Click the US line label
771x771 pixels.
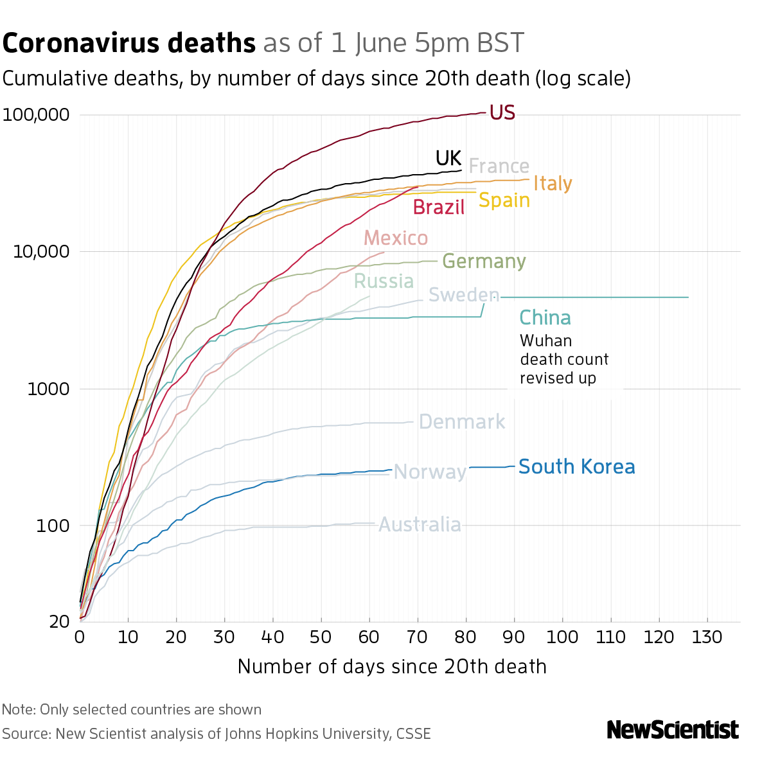coord(502,112)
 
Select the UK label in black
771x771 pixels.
coord(448,158)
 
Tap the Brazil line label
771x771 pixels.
coord(439,207)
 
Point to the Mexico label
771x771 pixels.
coord(396,238)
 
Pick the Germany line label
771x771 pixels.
coord(484,261)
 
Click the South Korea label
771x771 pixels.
coord(576,466)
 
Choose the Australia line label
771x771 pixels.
coord(420,525)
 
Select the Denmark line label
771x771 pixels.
coord(461,422)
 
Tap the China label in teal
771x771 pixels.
coord(545,318)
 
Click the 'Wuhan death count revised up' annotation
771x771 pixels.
coord(564,359)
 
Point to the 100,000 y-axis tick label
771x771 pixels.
coord(36,116)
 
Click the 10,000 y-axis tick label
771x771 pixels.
coord(41,252)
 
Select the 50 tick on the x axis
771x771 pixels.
coord(321,637)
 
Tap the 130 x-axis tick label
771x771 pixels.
coord(707,637)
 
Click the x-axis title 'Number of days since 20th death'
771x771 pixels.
coord(392,666)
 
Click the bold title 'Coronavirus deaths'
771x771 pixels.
coord(129,44)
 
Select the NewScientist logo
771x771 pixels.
coord(673,730)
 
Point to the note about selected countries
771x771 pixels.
coord(132,709)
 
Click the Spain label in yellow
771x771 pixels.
coord(504,200)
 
